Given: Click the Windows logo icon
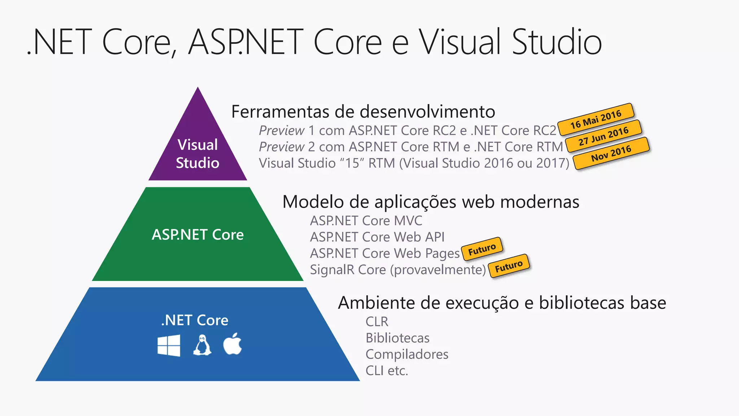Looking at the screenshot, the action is click(169, 346).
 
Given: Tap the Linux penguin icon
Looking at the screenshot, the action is click(202, 345).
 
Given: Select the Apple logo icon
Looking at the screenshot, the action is click(233, 344).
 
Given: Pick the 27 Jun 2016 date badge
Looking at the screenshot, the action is click(603, 136).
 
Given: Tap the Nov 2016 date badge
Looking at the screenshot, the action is click(611, 153).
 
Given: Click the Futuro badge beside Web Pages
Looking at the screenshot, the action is click(482, 249).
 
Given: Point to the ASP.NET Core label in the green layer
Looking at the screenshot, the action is click(198, 235).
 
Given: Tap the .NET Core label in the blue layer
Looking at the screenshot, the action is click(195, 320).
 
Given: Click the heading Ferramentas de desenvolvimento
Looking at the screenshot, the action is click(363, 112).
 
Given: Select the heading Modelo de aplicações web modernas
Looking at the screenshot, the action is click(431, 201).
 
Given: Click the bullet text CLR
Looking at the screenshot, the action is click(377, 321).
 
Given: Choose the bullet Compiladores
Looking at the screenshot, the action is click(407, 354).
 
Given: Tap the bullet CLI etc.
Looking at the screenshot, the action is click(386, 370).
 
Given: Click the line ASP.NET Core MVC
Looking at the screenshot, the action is click(366, 221).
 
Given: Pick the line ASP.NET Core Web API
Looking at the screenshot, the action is click(377, 237).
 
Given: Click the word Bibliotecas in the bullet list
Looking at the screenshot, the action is click(397, 338).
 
